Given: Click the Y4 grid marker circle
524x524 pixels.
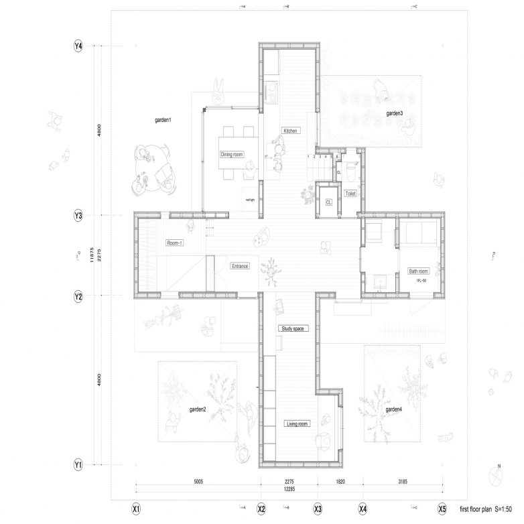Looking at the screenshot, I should [78, 46].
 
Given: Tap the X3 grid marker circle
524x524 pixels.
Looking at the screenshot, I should [318, 509].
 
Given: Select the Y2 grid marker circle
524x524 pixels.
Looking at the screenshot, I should [78, 296].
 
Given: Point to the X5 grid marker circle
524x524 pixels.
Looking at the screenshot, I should [442, 509].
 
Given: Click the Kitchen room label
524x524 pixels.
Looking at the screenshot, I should [289, 131].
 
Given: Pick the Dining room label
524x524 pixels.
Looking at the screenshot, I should [231, 155].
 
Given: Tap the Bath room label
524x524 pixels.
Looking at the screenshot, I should [419, 271].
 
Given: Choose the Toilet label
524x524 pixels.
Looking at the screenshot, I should [350, 194].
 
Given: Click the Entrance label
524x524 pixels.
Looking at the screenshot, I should [240, 266].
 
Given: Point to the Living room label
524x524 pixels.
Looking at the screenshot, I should [296, 423].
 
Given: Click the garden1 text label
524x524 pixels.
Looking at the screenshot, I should [163, 120].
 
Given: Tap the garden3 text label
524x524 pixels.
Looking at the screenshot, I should [394, 114].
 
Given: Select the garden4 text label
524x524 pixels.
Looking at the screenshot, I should [394, 409].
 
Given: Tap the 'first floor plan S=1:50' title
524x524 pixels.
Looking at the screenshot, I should [486, 509].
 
